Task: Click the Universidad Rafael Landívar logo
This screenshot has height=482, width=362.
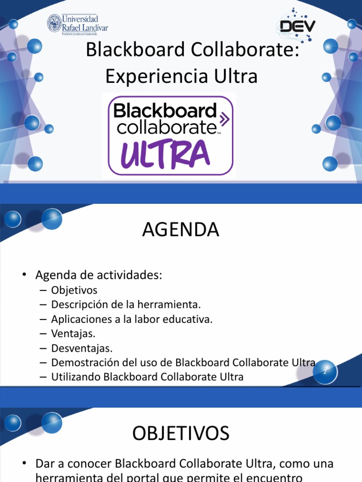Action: (x=78, y=23)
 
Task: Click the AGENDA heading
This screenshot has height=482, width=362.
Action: (x=181, y=230)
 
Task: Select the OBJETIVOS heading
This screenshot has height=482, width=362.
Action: (x=181, y=433)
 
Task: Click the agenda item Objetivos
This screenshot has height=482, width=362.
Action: (x=74, y=290)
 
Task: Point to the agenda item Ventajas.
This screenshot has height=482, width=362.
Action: (x=73, y=334)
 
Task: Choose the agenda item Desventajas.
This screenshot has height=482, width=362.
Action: (x=82, y=348)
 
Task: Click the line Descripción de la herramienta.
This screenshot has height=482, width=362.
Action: (x=126, y=305)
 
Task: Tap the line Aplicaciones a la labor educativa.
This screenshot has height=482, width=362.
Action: (x=132, y=319)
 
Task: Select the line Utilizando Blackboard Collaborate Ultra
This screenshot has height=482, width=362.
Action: (x=148, y=377)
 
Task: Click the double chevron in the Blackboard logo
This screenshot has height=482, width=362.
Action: (x=225, y=119)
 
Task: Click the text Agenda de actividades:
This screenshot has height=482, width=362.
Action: (x=99, y=275)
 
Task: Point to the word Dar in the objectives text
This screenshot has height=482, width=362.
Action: (x=45, y=463)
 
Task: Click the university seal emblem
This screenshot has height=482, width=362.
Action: (x=54, y=23)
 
